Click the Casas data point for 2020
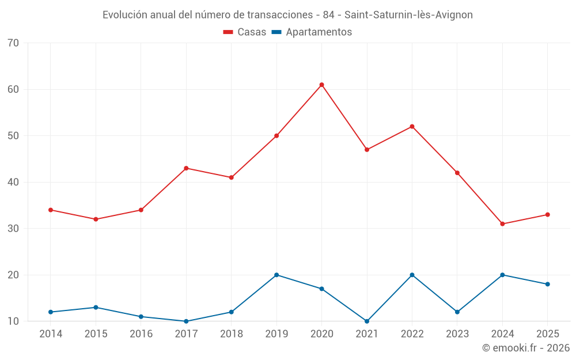tap(321, 85)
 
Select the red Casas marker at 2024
tap(502, 224)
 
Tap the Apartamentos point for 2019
tap(276, 275)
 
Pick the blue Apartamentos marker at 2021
tap(367, 321)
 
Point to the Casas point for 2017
tap(186, 168)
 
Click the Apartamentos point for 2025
tap(547, 284)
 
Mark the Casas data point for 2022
tap(412, 127)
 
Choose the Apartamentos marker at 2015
tap(96, 308)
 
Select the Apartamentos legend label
tap(319, 32)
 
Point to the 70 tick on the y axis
tap(14, 43)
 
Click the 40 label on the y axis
tap(14, 183)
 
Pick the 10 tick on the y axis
tap(14, 321)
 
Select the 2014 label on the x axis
tap(51, 334)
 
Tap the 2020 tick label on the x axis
tap(321, 334)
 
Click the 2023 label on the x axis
tap(457, 334)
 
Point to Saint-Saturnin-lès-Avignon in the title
tap(408, 15)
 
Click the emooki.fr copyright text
tap(526, 348)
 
